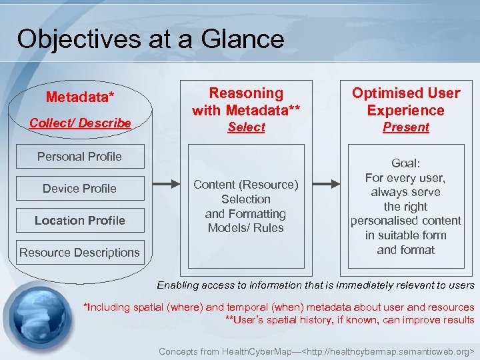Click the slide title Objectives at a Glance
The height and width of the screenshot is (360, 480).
pos(151,39)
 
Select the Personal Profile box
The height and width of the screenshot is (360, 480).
pos(79,157)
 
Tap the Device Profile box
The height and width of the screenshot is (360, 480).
pos(79,189)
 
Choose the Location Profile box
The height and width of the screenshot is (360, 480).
pos(79,221)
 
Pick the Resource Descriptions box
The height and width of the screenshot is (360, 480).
pos(79,253)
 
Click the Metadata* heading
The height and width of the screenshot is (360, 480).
pos(80,97)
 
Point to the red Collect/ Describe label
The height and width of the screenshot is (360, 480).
pos(80,123)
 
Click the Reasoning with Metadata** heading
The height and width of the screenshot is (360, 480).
pos(246,101)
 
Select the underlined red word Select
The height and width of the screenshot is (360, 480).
pos(246,127)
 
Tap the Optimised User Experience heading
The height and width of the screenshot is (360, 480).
pos(406,101)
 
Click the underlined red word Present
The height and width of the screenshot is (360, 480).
pos(406,127)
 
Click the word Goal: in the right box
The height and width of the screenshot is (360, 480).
pos(406,163)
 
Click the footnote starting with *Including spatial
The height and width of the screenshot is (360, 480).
pos(278,307)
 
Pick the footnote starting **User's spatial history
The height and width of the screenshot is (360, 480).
pos(350,320)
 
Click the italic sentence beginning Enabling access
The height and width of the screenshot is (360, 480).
pos(315,285)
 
